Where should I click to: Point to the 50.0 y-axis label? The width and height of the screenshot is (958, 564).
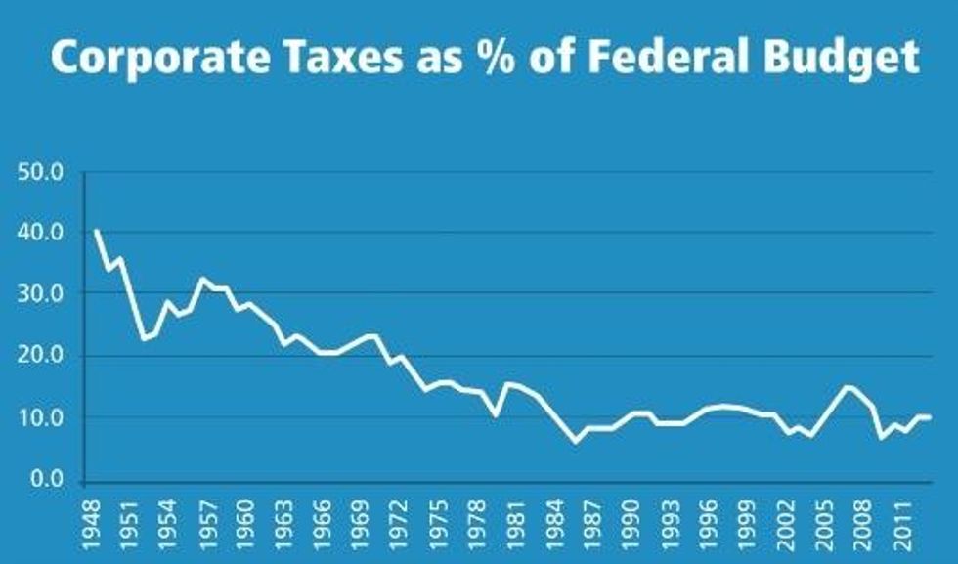(x=40, y=173)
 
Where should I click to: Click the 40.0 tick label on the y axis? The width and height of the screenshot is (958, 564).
(x=40, y=234)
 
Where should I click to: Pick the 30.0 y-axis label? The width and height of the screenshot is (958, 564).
(x=40, y=294)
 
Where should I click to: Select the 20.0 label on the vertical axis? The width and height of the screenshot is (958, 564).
(x=40, y=356)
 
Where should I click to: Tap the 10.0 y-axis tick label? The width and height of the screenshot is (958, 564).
(x=40, y=418)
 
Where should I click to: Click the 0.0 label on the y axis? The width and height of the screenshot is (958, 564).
(x=45, y=479)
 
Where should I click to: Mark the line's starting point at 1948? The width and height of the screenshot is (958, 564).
(x=97, y=231)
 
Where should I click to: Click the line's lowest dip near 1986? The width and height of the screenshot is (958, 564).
(x=576, y=442)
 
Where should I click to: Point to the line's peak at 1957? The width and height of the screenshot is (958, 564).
(x=202, y=279)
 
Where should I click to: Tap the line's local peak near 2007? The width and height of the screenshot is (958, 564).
(x=847, y=387)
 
